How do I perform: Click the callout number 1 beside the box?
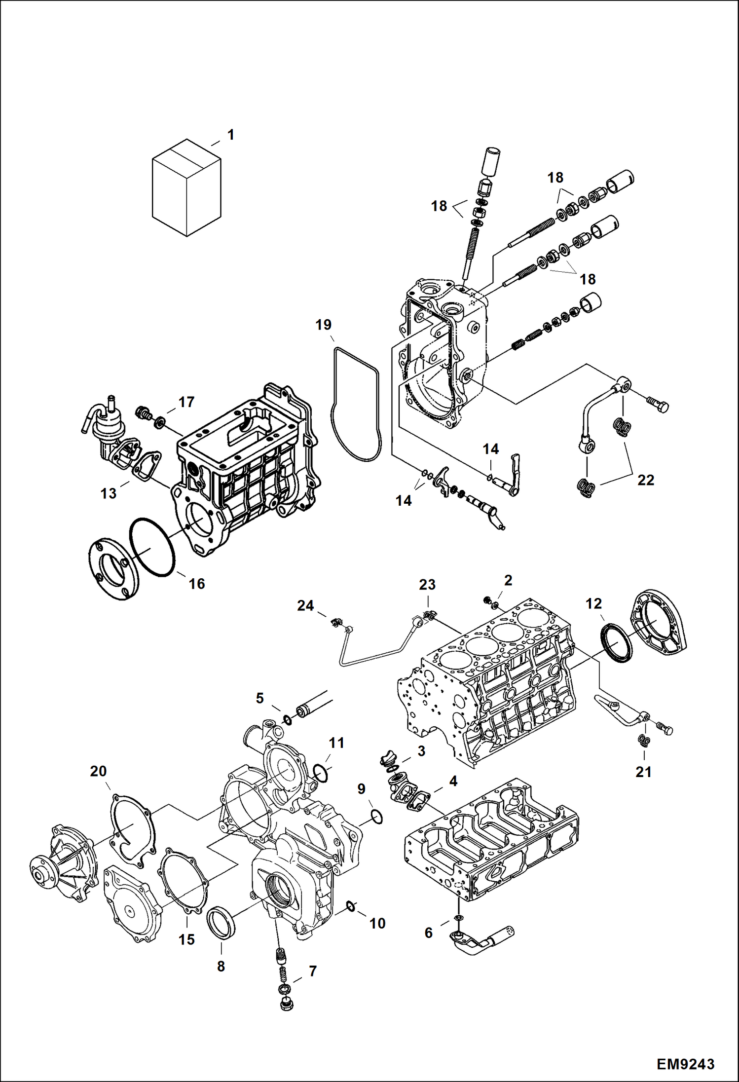click(230, 135)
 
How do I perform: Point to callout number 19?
click(324, 325)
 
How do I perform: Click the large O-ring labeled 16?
click(152, 547)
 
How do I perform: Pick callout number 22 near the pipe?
click(645, 480)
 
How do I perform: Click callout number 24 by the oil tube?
click(305, 605)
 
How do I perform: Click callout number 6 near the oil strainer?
click(428, 933)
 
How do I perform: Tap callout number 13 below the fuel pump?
click(108, 493)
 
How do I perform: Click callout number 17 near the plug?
click(186, 402)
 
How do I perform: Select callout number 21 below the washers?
click(643, 772)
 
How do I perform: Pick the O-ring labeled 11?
click(321, 773)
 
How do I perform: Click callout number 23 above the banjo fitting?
click(427, 585)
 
